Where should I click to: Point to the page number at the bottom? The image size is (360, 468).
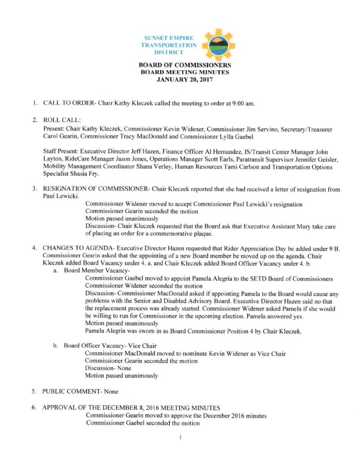click(x=181, y=437)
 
